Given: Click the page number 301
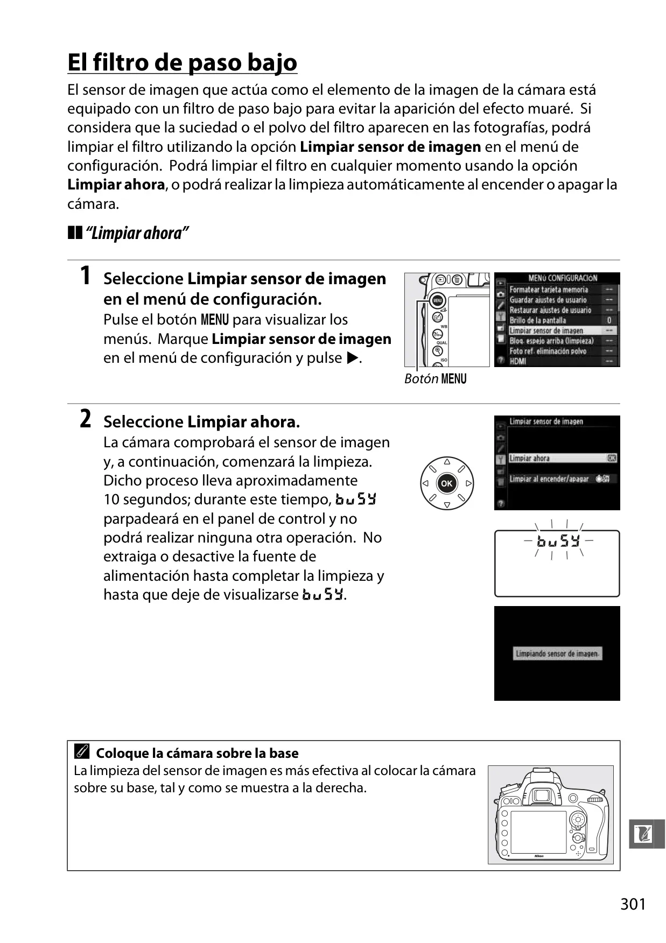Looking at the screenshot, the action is (x=633, y=904).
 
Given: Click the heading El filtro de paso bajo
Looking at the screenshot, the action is (x=182, y=62).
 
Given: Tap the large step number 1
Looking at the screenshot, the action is (x=85, y=276).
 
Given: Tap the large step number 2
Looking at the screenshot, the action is (x=85, y=419).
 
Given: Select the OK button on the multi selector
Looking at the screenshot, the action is (x=446, y=483).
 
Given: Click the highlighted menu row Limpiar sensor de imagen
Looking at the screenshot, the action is (x=556, y=330).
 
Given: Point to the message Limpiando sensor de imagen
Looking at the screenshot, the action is (x=557, y=653).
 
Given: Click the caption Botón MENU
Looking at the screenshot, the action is (x=435, y=379).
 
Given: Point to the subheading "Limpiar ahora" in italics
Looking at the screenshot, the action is (x=137, y=233).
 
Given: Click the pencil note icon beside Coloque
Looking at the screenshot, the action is (x=82, y=752).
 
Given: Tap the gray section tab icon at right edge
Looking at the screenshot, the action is (x=647, y=834).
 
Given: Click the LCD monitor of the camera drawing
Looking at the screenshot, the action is (x=538, y=831).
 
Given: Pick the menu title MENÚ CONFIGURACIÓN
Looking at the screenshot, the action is (x=563, y=278).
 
